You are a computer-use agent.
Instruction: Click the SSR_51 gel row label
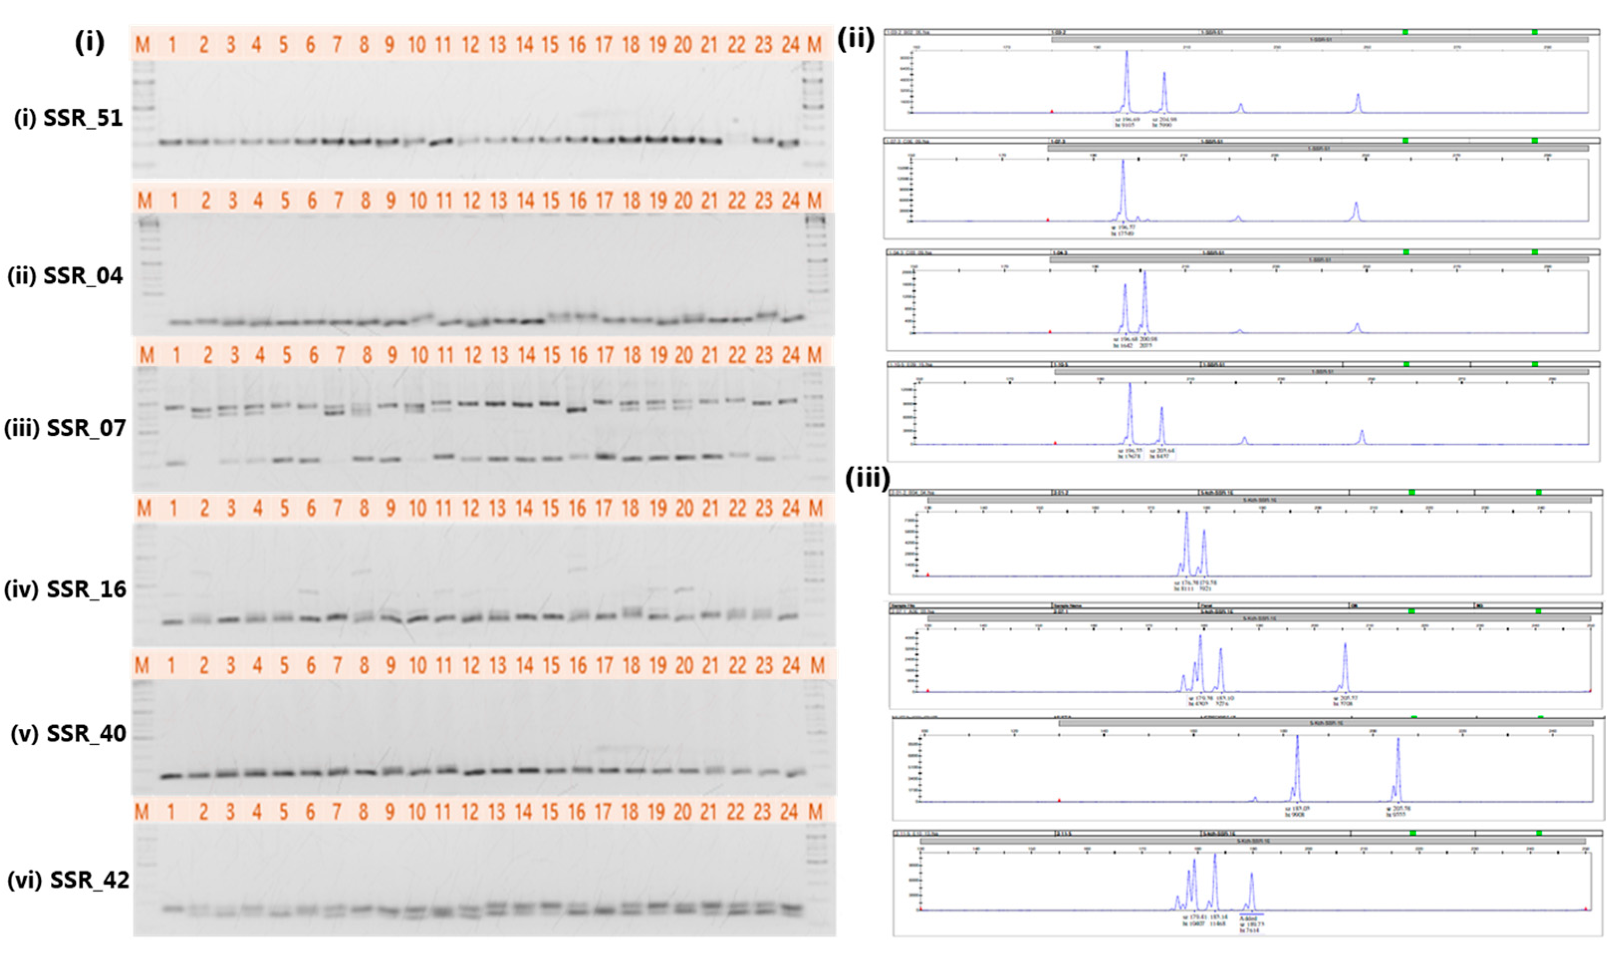click(68, 119)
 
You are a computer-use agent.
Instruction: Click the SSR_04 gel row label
click(65, 276)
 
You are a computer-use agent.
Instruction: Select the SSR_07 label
click(65, 428)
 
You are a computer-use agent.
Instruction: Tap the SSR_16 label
click(65, 589)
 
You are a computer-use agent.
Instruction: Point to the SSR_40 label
click(68, 733)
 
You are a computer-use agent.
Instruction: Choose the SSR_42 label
click(68, 879)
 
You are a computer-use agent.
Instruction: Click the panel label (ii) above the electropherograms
click(856, 40)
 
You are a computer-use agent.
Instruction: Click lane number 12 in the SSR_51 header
click(471, 45)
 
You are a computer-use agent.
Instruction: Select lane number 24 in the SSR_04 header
click(790, 201)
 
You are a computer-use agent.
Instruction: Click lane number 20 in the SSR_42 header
click(682, 812)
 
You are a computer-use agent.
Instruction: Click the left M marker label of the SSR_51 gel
click(143, 45)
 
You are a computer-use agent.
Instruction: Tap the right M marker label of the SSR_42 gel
click(815, 812)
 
